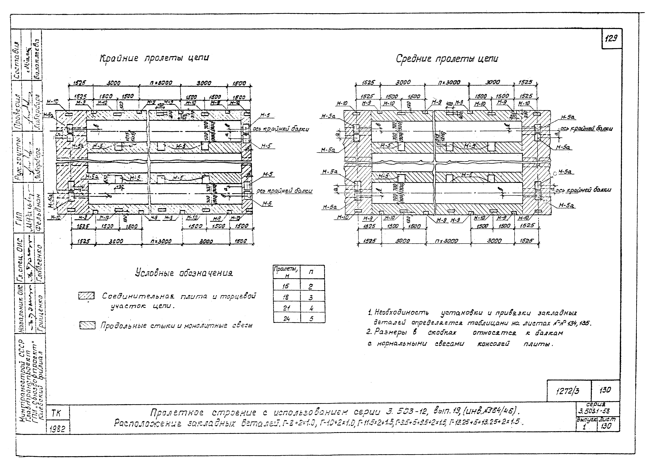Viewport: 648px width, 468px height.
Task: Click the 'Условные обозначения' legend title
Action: point(184,273)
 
